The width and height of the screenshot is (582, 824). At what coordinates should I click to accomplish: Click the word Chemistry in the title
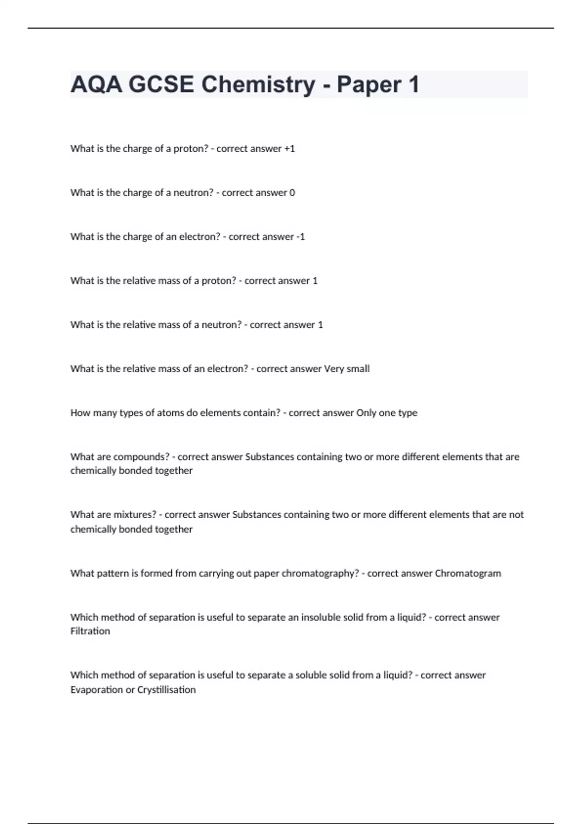[x=258, y=84]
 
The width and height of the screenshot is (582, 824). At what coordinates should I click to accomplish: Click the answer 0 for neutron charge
[x=292, y=193]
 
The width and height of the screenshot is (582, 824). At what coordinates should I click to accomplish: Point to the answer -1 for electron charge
[x=300, y=237]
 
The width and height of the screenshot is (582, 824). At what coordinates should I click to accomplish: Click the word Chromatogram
[x=468, y=573]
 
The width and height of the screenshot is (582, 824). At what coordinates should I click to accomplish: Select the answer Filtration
[x=90, y=631]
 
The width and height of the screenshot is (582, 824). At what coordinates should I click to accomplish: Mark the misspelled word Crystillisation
[x=166, y=690]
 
